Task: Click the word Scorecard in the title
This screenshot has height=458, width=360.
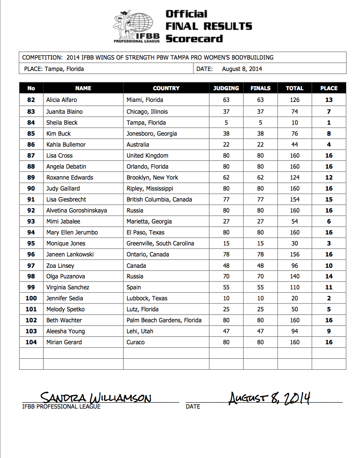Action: tap(194, 39)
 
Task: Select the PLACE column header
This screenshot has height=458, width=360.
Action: tap(329, 88)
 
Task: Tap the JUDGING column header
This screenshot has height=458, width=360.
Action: tap(226, 88)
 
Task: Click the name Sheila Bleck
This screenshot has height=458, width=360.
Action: tap(62, 123)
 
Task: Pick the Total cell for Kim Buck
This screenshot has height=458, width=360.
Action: tap(295, 134)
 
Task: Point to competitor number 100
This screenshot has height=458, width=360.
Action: tap(31, 298)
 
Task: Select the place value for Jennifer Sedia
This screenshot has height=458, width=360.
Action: tap(329, 298)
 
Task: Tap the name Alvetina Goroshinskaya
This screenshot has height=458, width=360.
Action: tap(76, 211)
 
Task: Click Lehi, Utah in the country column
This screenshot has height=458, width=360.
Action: tap(140, 331)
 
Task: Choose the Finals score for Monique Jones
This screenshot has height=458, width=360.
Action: tap(260, 244)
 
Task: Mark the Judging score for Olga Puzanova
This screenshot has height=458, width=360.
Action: tap(226, 276)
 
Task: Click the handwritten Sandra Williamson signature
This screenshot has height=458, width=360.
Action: tap(96, 398)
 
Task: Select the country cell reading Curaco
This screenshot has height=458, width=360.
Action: tap(135, 342)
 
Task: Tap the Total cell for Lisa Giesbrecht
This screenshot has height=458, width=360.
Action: tap(295, 200)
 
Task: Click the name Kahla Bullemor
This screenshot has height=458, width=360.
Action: tap(66, 145)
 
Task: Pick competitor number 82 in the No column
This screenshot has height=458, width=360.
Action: tap(31, 100)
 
